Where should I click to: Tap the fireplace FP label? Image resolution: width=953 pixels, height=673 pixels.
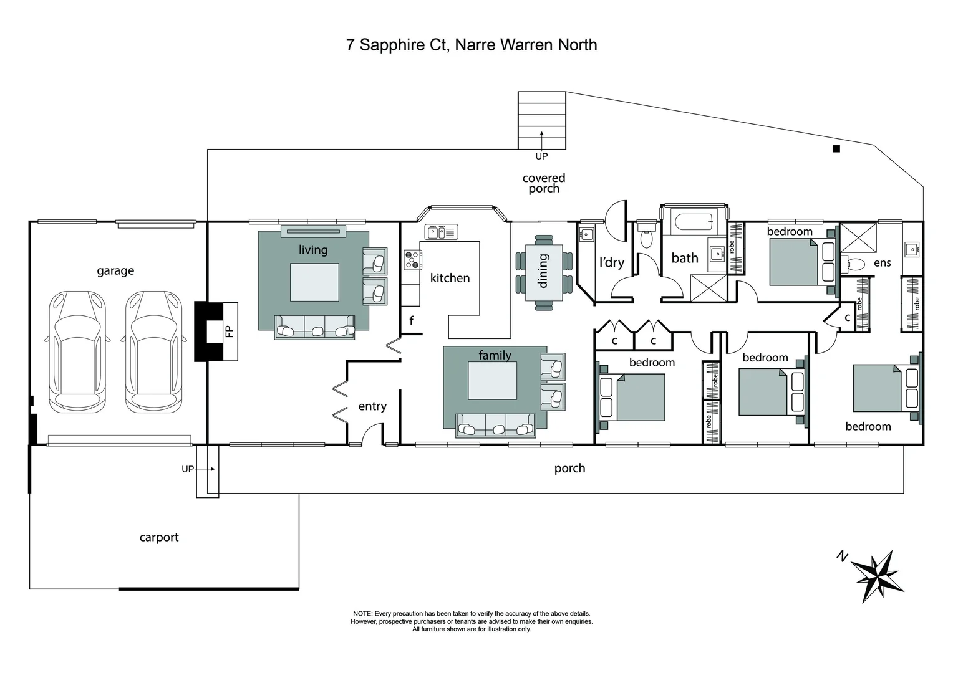coord(229,331)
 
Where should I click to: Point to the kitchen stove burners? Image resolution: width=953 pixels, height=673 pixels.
coord(412,259)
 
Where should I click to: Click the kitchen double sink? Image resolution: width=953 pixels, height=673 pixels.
coord(441,232)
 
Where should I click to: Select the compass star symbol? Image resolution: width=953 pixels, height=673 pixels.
coord(876,575)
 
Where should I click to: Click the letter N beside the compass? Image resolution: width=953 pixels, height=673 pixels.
coord(842,556)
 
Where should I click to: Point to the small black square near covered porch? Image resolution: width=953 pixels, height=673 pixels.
coord(836,149)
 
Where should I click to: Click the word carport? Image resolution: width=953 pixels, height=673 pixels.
coord(159,537)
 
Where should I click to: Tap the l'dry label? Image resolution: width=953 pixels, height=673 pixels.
coord(611,262)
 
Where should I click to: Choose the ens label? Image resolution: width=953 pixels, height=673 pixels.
coord(882,263)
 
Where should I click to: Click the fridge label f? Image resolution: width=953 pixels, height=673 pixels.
coord(411,321)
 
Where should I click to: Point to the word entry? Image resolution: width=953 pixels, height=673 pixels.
coord(372,406)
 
